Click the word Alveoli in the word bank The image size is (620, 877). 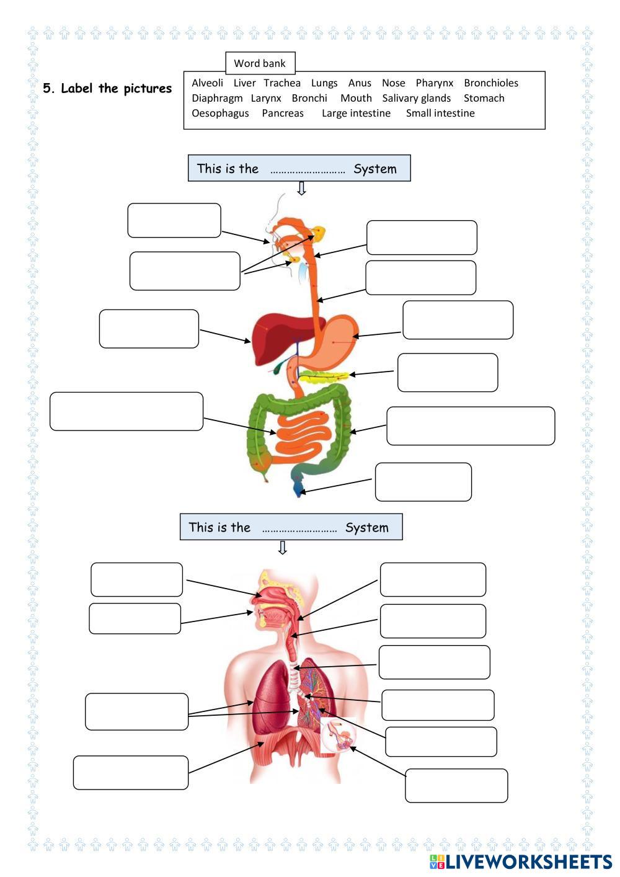(x=207, y=83)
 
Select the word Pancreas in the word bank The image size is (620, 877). (x=283, y=114)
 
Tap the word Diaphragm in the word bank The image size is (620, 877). (x=217, y=98)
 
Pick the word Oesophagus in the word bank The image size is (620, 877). (x=220, y=114)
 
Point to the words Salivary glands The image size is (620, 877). (x=416, y=98)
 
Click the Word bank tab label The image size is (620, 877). (x=260, y=63)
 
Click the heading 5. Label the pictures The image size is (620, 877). (x=107, y=89)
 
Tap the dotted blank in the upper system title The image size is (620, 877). (x=308, y=169)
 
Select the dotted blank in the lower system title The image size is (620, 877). (x=299, y=528)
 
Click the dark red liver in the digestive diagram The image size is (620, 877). (x=273, y=338)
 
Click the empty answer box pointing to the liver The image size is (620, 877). (x=149, y=329)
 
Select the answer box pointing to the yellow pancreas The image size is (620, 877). (x=447, y=373)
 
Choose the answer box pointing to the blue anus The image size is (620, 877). (x=423, y=482)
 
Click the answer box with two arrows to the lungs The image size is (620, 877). (x=136, y=711)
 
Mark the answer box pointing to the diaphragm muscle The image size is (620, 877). (x=130, y=772)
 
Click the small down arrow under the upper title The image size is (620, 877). (x=301, y=189)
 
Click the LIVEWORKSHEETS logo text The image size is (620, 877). (x=528, y=861)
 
